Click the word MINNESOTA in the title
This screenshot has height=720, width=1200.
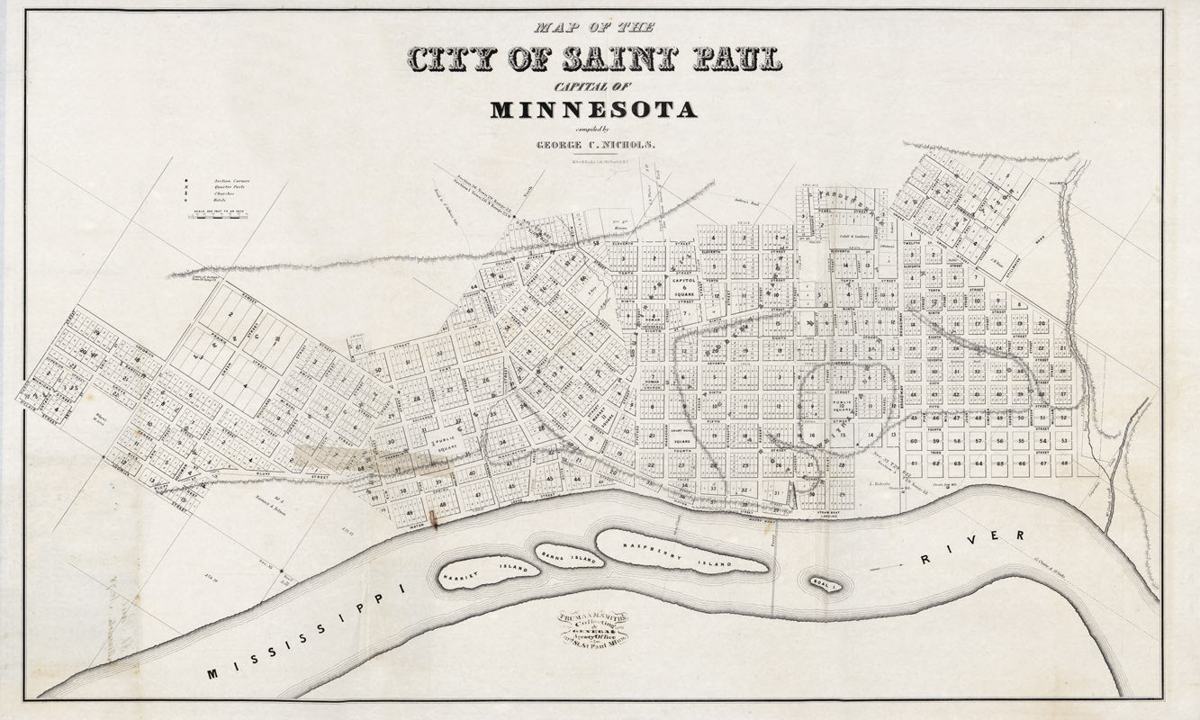(x=593, y=111)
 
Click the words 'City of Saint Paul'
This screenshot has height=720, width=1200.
(x=594, y=59)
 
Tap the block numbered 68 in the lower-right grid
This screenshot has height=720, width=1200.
(x=1064, y=463)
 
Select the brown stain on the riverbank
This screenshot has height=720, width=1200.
(x=433, y=520)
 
